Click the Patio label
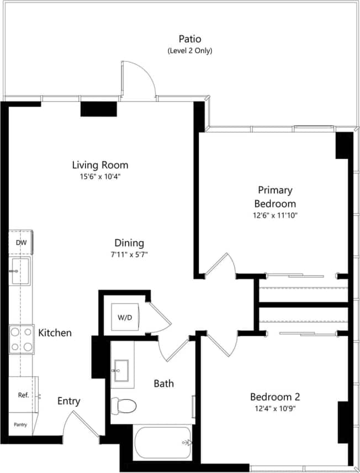[189, 39]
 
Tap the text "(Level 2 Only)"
[189, 51]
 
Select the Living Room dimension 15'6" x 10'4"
[100, 177]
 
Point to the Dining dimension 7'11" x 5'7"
[129, 255]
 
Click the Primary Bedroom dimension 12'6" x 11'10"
[273, 216]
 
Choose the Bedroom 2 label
[274, 397]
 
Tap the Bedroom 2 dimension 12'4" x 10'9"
[274, 409]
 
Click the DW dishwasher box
[21, 243]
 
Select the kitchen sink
[21, 271]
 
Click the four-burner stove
[21, 339]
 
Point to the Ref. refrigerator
[23, 395]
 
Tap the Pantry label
[20, 424]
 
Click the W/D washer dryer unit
[125, 318]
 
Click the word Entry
[69, 401]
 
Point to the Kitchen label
[55, 333]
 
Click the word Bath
[163, 383]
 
